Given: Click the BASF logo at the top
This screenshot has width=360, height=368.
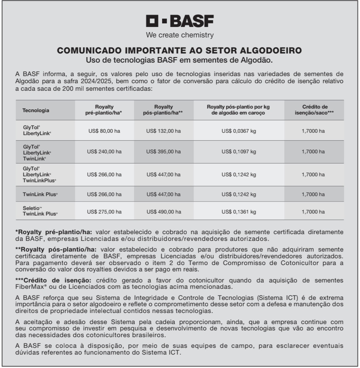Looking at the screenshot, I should (180, 21).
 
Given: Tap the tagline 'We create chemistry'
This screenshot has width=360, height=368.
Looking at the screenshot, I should (180, 35).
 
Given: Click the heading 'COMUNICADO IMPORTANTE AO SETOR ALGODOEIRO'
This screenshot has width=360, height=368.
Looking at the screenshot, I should (180, 51).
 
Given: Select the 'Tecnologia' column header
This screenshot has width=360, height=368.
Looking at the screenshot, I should (36, 110).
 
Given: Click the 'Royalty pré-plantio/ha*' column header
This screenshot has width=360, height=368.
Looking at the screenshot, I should (104, 110).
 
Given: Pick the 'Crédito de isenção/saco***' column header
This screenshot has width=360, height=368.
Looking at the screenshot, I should (315, 110).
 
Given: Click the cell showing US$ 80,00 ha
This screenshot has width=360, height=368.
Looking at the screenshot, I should (104, 131).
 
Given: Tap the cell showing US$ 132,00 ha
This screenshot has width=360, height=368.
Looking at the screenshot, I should (164, 131).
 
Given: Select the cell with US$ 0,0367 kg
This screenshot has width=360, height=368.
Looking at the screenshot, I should (239, 131).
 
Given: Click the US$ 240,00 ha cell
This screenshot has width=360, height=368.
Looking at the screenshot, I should (104, 152).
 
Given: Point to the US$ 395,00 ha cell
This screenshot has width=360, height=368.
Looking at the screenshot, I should (164, 152).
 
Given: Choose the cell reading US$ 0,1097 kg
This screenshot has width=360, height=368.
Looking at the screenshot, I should (239, 152).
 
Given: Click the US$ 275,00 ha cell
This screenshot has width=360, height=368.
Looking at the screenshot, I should (104, 212).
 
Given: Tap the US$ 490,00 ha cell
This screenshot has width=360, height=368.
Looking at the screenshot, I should (164, 212).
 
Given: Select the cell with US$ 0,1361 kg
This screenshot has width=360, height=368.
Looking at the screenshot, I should (239, 212).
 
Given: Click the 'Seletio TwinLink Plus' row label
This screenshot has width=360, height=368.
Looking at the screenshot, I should (40, 212).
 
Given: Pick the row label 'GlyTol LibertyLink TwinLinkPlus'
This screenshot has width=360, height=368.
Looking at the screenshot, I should (40, 174).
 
